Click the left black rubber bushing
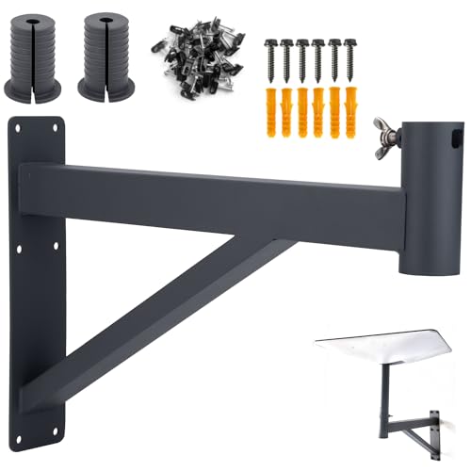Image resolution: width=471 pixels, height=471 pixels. (35, 58)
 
